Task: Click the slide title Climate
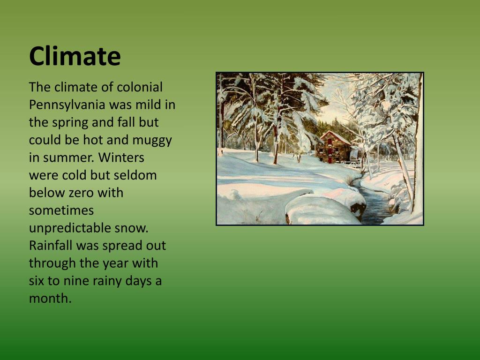[x=75, y=56]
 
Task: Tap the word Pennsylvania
[x=67, y=105]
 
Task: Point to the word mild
[x=151, y=105]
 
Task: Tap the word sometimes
[x=61, y=210]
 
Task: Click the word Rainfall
[x=51, y=246]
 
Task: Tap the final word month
[x=50, y=299]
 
